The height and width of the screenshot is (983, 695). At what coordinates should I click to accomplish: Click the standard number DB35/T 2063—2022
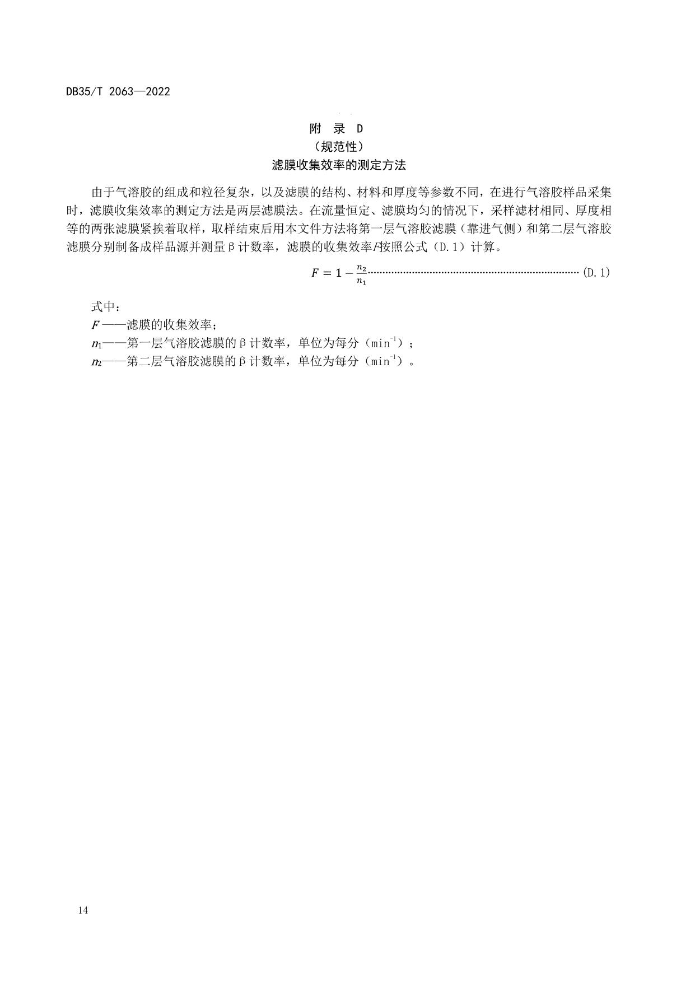[x=118, y=92]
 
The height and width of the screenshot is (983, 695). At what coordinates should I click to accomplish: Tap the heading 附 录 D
[x=336, y=129]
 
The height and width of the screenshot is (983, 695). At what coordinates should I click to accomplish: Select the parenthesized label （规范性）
[x=339, y=147]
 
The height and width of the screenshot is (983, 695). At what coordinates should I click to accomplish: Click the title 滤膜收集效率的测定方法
[x=338, y=165]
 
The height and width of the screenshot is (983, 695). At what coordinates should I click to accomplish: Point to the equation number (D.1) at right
[x=596, y=273]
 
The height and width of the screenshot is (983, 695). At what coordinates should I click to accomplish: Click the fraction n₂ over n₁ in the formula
[x=361, y=274]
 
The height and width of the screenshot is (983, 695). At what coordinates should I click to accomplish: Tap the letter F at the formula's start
[x=315, y=273]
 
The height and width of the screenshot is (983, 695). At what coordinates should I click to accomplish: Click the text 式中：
[x=105, y=306]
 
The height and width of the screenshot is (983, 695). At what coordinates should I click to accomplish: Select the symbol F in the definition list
[x=95, y=325]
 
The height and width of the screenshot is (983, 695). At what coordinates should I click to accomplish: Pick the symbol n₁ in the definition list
[x=96, y=343]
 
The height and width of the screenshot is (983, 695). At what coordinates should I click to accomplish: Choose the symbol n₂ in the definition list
[x=96, y=362]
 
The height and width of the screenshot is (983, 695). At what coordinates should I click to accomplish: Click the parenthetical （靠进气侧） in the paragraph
[x=492, y=229]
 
